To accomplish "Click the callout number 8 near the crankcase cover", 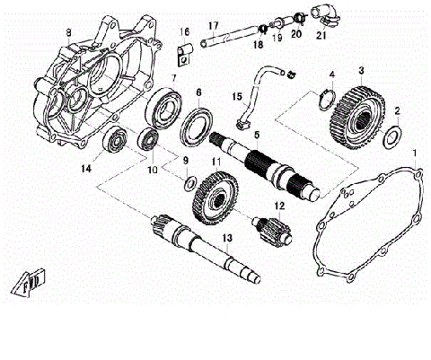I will click(67, 33).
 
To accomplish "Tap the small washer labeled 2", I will click(392, 137).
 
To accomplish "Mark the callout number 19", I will click(277, 38).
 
